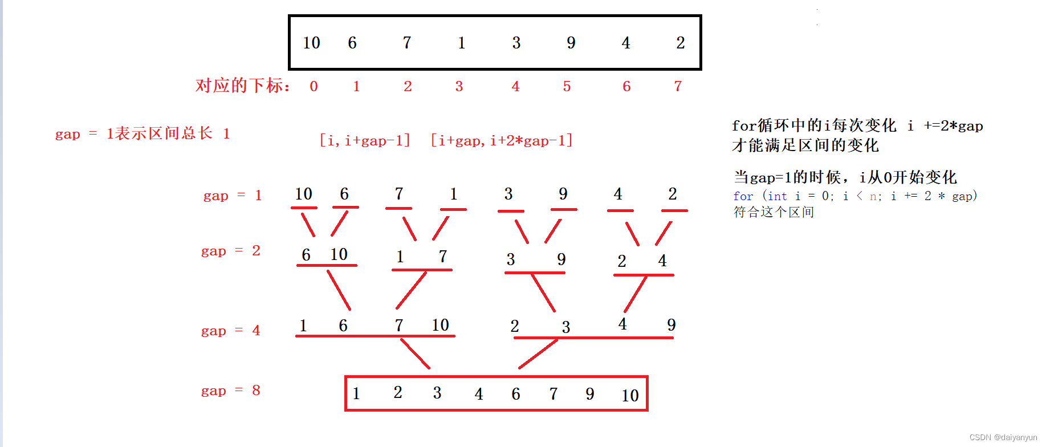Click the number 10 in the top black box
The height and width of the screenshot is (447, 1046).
[311, 43]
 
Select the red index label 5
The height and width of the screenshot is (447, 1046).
[567, 86]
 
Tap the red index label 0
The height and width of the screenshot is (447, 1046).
[314, 86]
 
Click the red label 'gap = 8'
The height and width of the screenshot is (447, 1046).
[231, 391]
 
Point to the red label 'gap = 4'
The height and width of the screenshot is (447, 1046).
[231, 331]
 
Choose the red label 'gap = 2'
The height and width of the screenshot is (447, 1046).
[231, 251]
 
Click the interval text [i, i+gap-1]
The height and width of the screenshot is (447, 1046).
[365, 140]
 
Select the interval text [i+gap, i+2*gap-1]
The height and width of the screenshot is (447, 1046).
[502, 140]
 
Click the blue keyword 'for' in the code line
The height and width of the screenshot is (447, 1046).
[743, 196]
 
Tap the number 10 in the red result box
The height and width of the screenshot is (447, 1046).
[630, 395]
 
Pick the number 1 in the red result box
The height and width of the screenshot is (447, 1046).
[356, 393]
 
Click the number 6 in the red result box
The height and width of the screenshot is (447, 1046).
[516, 394]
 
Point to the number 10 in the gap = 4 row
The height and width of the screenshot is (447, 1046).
[440, 325]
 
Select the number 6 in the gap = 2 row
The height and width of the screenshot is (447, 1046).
[306, 255]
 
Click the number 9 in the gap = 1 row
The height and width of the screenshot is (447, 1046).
[563, 194]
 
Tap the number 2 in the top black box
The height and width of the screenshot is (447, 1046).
[681, 43]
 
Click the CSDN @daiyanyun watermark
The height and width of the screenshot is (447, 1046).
[1003, 437]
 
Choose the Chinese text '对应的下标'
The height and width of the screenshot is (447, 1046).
[239, 86]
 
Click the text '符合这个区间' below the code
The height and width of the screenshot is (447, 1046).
[774, 212]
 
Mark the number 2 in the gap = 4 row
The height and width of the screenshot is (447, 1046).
[515, 326]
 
